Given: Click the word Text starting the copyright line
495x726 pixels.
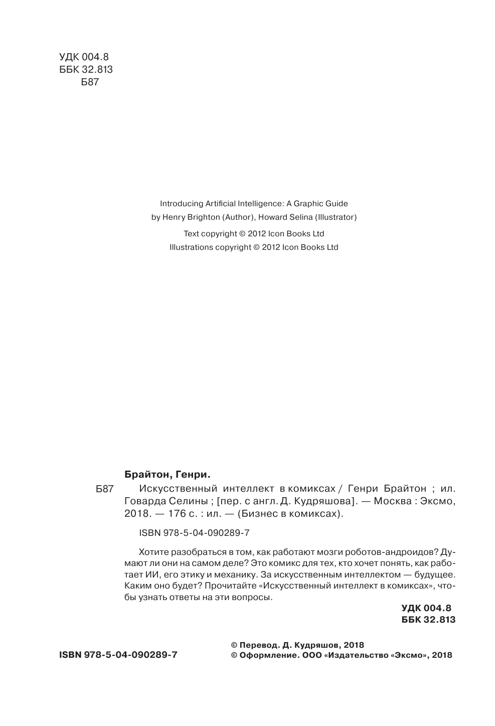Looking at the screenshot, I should pos(192,233).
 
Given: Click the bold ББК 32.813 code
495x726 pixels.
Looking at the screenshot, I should pos(428,620).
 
